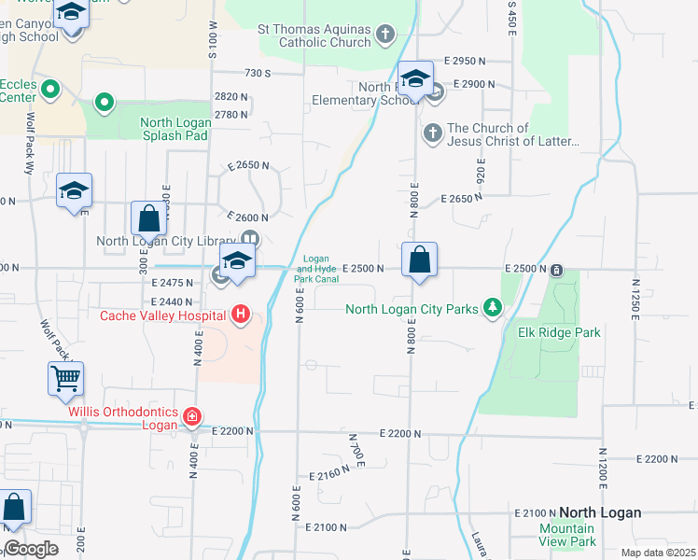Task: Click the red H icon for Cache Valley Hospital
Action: [241, 314]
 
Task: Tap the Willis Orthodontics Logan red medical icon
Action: [191, 414]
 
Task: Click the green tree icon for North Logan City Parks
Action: [492, 309]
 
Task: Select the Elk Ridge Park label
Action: [559, 332]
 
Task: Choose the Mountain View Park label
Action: [567, 535]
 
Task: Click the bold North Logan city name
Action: [600, 512]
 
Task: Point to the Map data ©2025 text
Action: [657, 553]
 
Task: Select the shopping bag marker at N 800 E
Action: [420, 260]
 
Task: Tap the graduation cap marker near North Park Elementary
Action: [415, 79]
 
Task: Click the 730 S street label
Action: [258, 73]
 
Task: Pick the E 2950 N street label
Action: [466, 61]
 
